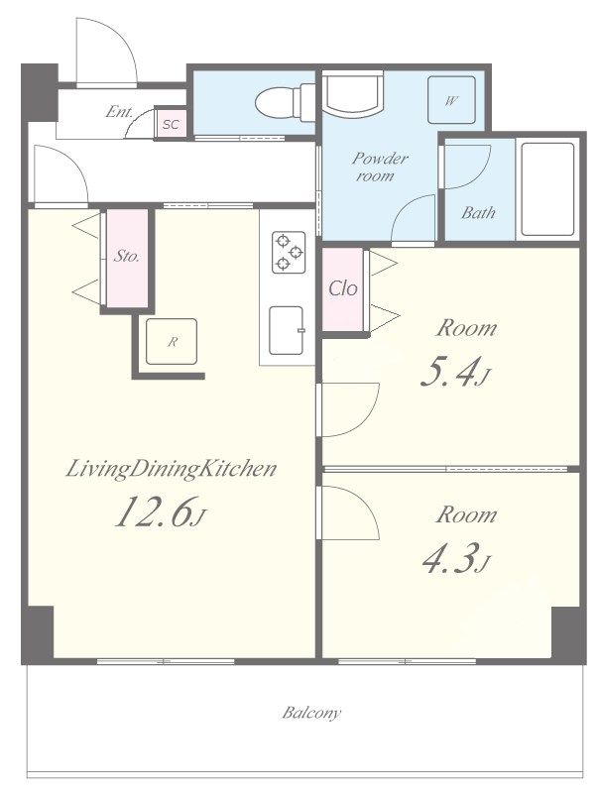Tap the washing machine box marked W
coord(451,100)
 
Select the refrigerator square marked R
coord(172,341)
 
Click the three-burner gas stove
coord(289,253)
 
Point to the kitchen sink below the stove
coord(287,331)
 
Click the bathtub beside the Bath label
coord(547,189)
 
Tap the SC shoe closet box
coord(171,123)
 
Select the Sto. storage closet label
coord(126,256)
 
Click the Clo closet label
coord(343,288)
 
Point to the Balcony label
coord(311,713)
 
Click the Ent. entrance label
coord(119,111)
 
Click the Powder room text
coord(380,167)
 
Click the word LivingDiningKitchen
coord(172,469)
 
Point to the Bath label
coord(478,212)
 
